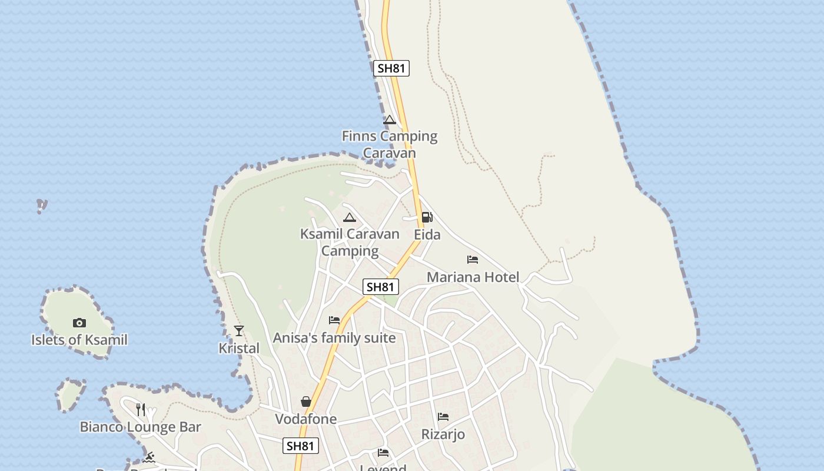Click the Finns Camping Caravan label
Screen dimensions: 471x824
pyautogui.click(x=390, y=144)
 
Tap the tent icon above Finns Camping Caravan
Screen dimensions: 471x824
pyautogui.click(x=389, y=120)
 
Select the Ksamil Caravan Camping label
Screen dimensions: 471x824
pyautogui.click(x=350, y=242)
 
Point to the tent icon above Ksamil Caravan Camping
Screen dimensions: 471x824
pyautogui.click(x=350, y=217)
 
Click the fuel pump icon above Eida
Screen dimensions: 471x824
pyautogui.click(x=427, y=217)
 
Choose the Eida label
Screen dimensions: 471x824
pyautogui.click(x=427, y=235)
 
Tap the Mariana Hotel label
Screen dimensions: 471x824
pyautogui.click(x=473, y=277)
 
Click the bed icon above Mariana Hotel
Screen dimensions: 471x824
pyautogui.click(x=472, y=259)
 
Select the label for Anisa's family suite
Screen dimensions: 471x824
pyautogui.click(x=334, y=339)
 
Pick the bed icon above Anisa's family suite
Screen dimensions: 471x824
pyautogui.click(x=334, y=320)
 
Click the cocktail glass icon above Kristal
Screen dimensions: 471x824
pyautogui.click(x=238, y=330)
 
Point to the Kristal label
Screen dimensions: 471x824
pyautogui.click(x=238, y=348)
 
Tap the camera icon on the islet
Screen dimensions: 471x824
pyautogui.click(x=79, y=323)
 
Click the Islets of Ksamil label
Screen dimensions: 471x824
pyautogui.click(x=79, y=340)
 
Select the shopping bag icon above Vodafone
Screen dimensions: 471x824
pyautogui.click(x=306, y=402)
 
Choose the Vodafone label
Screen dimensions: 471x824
pyautogui.click(x=306, y=419)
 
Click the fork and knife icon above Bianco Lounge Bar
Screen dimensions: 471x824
pyautogui.click(x=141, y=409)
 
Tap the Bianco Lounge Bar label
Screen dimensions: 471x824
pyautogui.click(x=141, y=427)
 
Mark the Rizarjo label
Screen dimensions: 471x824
pyautogui.click(x=443, y=434)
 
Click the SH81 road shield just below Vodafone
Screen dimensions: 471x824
pyautogui.click(x=301, y=446)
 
